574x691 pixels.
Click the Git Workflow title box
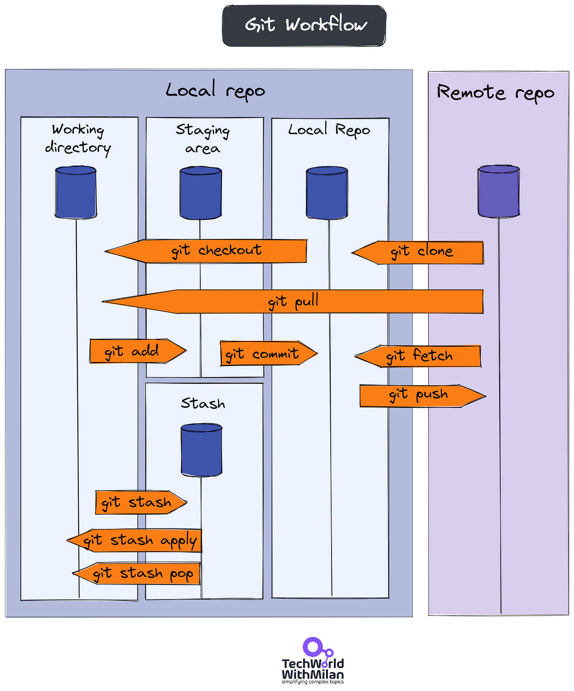[x=304, y=26]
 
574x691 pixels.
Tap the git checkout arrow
[x=213, y=251]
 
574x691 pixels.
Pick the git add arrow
[x=134, y=351]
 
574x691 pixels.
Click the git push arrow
[x=420, y=396]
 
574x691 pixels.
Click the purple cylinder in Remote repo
[x=499, y=192]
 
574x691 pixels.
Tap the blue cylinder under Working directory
[x=76, y=192]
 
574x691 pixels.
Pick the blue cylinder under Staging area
[x=201, y=193]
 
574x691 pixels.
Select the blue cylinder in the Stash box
[x=201, y=450]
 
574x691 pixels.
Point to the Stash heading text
[x=203, y=403]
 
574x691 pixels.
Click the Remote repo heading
[x=496, y=93]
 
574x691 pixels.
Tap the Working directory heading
[x=78, y=138]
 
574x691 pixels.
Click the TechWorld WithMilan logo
[x=313, y=661]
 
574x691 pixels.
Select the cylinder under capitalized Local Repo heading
[x=327, y=193]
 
